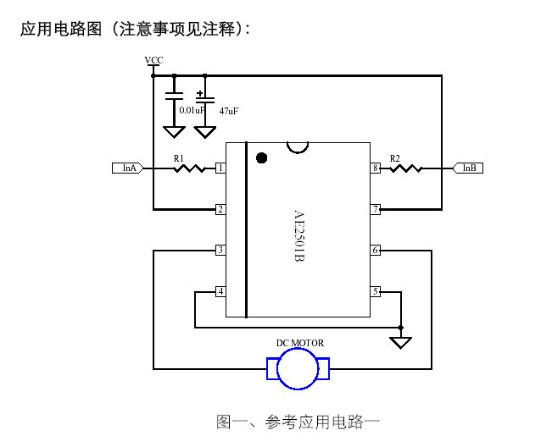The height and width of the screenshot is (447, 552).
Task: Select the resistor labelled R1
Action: (x=190, y=168)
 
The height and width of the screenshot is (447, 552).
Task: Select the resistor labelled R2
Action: (x=406, y=168)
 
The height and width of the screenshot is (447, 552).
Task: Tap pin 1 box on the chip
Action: (x=220, y=168)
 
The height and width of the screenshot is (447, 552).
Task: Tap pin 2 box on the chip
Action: (x=220, y=209)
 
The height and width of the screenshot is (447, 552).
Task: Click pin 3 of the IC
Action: (x=220, y=250)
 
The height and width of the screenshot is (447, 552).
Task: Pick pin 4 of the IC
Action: (x=220, y=291)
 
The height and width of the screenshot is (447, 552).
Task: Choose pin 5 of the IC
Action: (x=376, y=291)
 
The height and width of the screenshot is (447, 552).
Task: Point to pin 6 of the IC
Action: (x=376, y=250)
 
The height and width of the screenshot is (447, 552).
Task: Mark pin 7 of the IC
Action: (x=376, y=209)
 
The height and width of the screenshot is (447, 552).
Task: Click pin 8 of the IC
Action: (x=376, y=168)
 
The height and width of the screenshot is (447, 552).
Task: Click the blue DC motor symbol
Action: (x=298, y=370)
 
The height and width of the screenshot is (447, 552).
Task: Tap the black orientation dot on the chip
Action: (x=262, y=157)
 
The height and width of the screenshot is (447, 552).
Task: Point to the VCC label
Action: (x=153, y=60)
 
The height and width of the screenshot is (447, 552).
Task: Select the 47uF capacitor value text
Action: (x=228, y=111)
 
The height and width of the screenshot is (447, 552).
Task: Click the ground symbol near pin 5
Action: (x=401, y=343)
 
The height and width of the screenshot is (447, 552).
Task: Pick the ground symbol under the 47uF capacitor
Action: (x=204, y=132)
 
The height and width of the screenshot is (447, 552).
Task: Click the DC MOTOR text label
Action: (x=299, y=343)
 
